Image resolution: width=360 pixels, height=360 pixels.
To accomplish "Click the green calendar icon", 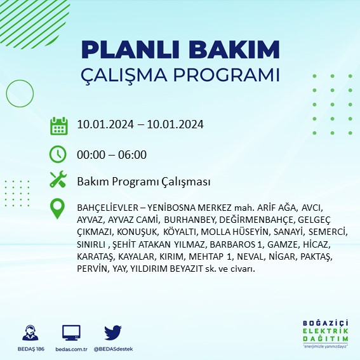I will pos(58,125).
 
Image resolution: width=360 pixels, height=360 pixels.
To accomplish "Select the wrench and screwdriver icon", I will pos(58,180).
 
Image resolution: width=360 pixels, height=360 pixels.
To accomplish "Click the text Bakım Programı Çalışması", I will pos(143,182).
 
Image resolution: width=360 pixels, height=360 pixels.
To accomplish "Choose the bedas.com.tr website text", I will pos(71,349).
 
